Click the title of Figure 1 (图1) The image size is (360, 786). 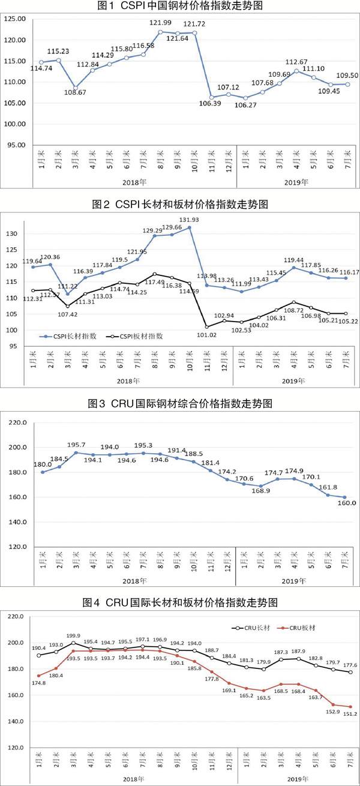pyautogui.click(x=179, y=7)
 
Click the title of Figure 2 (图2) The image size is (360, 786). pyautogui.click(x=179, y=205)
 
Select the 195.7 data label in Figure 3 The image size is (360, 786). pyautogui.click(x=75, y=445)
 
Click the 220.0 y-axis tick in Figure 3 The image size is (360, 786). pyautogui.click(x=17, y=423)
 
